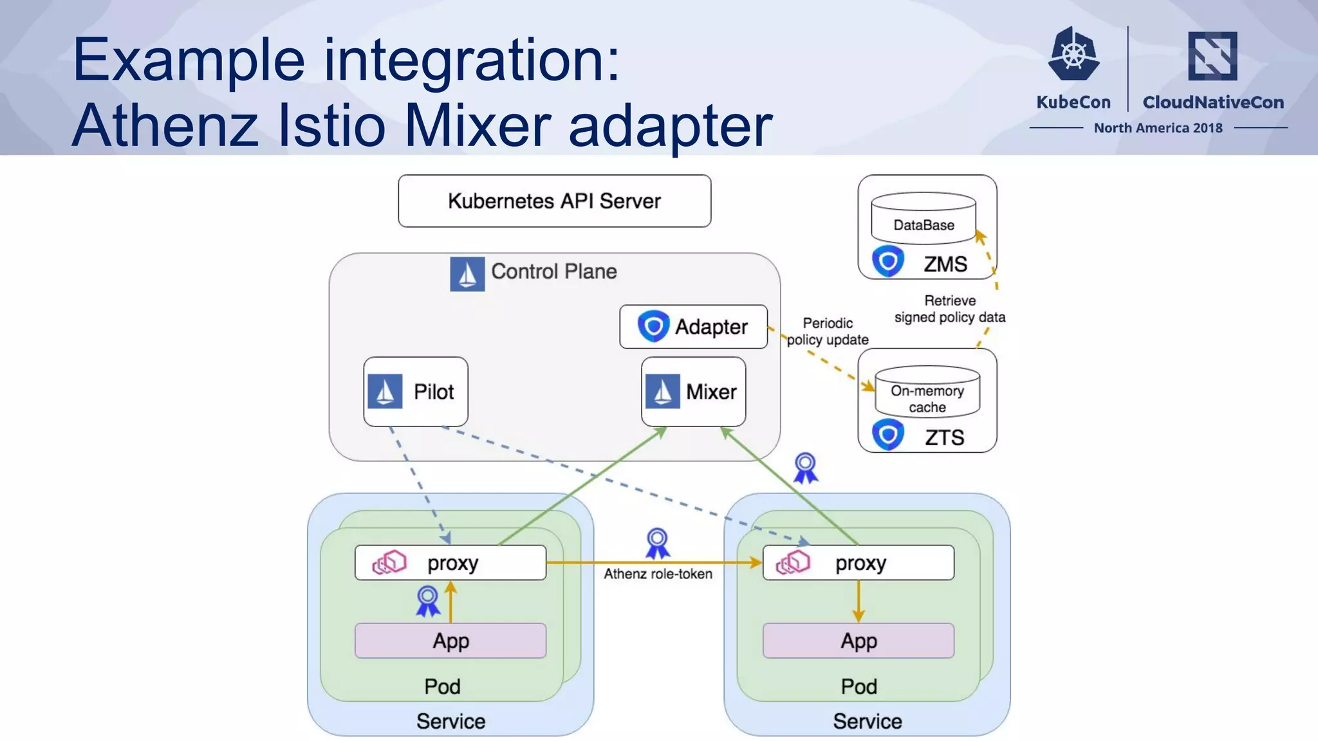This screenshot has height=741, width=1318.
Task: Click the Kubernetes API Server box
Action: coord(554,201)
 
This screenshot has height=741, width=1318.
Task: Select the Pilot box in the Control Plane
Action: coord(416,391)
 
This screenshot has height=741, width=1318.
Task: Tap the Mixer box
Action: coord(693,391)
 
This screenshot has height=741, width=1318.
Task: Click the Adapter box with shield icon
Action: coord(693,327)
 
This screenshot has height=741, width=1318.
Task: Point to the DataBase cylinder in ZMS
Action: coord(923,219)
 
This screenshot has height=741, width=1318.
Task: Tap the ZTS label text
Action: coord(944,437)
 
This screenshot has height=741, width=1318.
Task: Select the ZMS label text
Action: coord(945,264)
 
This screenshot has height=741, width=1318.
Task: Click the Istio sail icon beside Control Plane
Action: coord(467,274)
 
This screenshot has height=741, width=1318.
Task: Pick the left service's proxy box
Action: coord(450,563)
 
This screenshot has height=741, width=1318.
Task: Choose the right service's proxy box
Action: coord(858,563)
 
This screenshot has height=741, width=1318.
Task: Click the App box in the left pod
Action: coord(450,641)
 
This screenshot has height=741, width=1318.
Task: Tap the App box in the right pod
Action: coord(858,641)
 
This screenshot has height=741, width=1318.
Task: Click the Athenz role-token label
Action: coord(658,574)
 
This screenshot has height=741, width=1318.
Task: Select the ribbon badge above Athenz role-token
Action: coord(658,543)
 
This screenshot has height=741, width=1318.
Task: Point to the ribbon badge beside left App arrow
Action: coord(428,601)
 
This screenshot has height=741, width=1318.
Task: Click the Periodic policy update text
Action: coord(828,331)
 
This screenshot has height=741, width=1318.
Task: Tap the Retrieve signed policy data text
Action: coord(949,309)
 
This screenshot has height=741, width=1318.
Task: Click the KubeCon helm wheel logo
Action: coord(1073,54)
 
